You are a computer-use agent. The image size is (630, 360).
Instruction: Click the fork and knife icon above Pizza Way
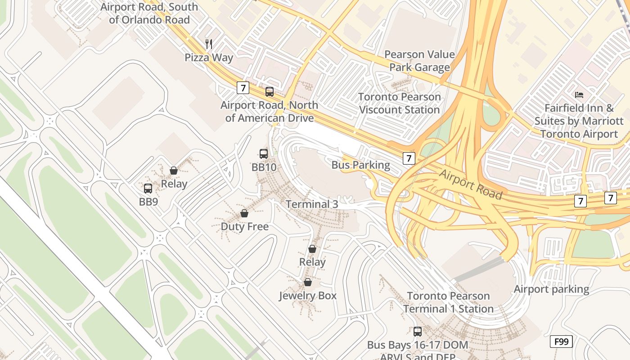[208, 44]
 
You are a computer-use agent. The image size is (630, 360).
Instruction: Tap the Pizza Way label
[209, 58]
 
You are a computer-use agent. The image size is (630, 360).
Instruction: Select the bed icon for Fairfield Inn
[579, 95]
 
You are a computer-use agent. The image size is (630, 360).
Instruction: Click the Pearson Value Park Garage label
[419, 61]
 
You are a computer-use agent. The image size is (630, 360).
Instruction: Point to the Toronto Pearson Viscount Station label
[400, 103]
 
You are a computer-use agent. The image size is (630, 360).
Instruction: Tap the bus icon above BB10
[264, 154]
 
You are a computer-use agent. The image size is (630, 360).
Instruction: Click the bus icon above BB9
[148, 189]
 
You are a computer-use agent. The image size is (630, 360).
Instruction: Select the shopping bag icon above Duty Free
[244, 213]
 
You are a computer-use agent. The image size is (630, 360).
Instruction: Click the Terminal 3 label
[312, 204]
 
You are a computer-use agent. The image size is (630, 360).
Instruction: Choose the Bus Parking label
[361, 165]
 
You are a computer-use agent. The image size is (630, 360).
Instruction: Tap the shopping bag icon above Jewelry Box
[308, 283]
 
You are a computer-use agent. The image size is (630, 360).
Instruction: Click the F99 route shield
[561, 342]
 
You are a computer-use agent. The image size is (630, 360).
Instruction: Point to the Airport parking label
[551, 289]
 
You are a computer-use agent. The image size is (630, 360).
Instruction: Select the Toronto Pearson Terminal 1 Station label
[448, 302]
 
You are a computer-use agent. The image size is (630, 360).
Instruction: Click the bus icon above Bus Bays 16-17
[418, 332]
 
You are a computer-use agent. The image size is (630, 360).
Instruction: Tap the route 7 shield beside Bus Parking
[409, 158]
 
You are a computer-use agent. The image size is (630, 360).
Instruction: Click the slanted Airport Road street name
[470, 184]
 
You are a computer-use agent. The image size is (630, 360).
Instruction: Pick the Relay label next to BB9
[174, 184]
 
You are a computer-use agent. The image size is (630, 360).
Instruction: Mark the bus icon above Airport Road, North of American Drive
[270, 92]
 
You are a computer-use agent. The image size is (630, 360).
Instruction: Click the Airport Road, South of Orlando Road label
[149, 13]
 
